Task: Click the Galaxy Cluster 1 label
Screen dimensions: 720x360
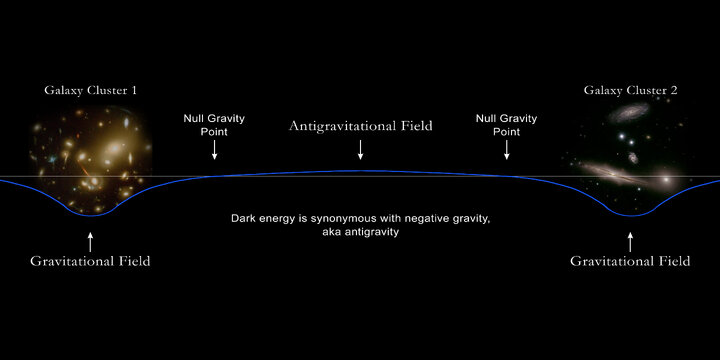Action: [x=90, y=91]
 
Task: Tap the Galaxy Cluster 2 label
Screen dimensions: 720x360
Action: [x=631, y=91]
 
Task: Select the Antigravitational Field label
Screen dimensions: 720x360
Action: [x=360, y=126]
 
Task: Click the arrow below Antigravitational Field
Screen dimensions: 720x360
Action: [x=360, y=149]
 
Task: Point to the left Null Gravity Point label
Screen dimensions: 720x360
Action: [x=213, y=124]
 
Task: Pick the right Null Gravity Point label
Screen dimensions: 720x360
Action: [x=506, y=124]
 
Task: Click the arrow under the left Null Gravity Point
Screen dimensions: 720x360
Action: [x=213, y=149]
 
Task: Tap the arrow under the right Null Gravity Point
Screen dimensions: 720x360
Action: [x=506, y=149]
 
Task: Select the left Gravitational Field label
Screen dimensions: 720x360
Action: [x=90, y=261]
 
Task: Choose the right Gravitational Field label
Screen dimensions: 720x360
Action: [x=630, y=261]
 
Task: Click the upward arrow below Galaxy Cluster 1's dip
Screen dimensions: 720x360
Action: [x=90, y=239]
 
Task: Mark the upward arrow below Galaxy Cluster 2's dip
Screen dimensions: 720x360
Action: [x=630, y=239]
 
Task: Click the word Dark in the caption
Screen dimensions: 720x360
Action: [x=244, y=217]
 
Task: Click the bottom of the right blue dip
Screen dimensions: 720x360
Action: [x=630, y=215]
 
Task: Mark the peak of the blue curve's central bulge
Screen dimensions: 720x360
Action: [x=360, y=171]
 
